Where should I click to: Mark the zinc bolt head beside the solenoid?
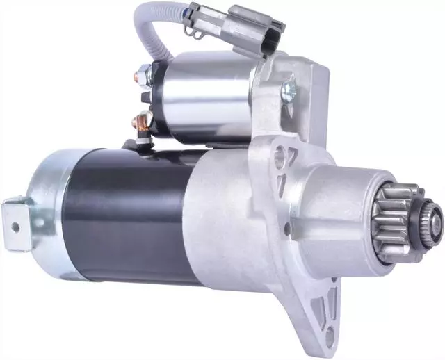(287, 90)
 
